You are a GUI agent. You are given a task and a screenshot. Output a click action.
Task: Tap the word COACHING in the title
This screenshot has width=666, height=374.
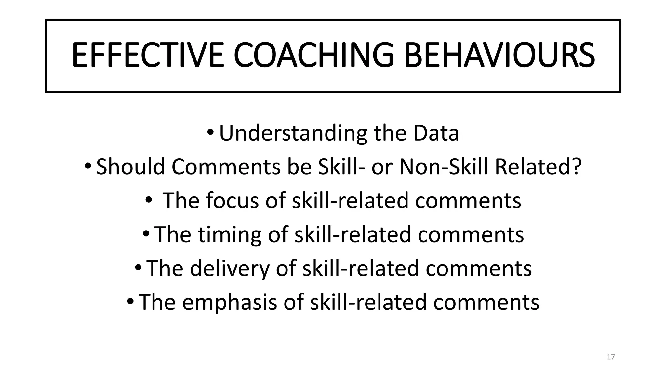coord(314,55)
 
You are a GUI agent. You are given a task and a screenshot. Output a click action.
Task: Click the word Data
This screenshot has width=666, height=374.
coord(436,133)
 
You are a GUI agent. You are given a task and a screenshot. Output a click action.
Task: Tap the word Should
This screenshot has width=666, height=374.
coord(130,167)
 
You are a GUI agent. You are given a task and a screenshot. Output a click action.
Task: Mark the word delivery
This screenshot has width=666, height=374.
coord(230,268)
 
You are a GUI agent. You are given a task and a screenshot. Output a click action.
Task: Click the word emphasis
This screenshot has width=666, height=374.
coord(230,302)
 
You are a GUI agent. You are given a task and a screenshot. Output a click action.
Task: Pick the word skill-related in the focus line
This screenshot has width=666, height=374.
coord(350,201)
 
